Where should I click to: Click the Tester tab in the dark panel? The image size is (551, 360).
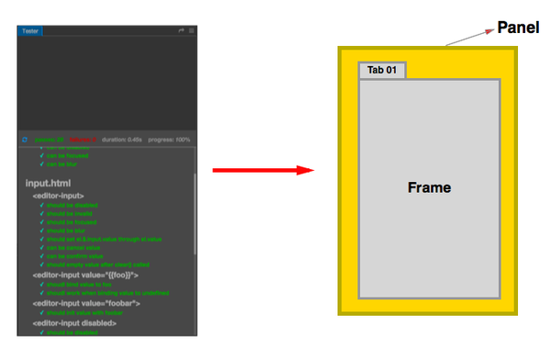point(31,30)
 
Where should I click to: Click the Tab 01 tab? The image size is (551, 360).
point(381,71)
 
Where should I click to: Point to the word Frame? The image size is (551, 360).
point(429,187)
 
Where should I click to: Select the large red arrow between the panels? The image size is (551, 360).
point(261,170)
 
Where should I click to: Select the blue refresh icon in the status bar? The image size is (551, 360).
point(25,140)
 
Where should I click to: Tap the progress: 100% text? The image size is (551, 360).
point(168,140)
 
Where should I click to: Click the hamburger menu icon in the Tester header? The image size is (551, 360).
point(191,30)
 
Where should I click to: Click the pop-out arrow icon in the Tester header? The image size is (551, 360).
point(181,30)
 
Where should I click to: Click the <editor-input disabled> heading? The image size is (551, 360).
point(76,323)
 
